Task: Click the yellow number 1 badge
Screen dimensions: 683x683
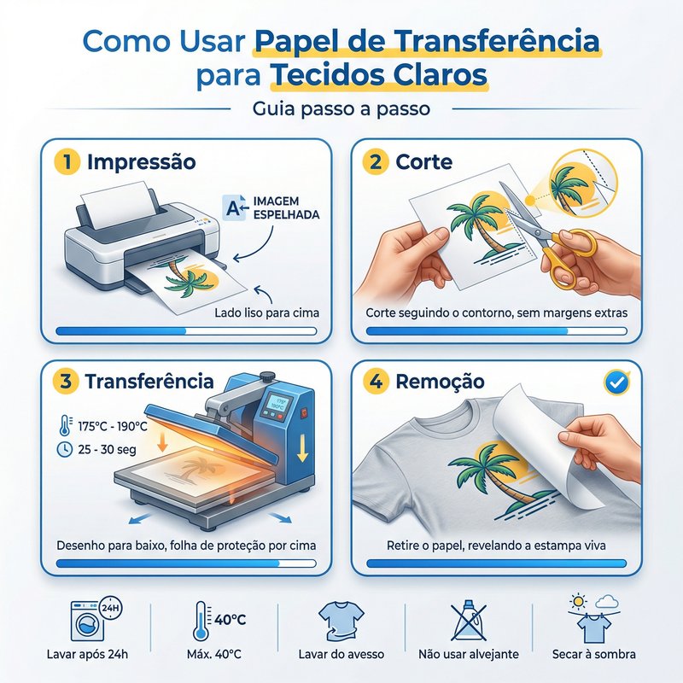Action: point(67,161)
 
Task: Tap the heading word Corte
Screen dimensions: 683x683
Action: point(423,161)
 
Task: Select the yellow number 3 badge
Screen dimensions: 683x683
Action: point(66,381)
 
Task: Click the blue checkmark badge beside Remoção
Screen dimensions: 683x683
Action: point(616,382)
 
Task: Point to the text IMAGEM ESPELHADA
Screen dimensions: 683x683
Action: point(286,207)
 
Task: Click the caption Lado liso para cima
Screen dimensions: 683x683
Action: point(266,312)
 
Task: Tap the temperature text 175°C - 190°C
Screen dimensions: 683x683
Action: point(113,426)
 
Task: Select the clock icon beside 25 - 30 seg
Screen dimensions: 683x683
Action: point(65,449)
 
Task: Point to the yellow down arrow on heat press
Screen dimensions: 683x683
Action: point(302,449)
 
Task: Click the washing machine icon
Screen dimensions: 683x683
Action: point(89,622)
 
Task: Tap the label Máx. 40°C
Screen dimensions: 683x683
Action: point(213,654)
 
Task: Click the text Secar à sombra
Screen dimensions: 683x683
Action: point(593,654)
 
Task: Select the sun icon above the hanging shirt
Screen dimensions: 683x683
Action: point(579,602)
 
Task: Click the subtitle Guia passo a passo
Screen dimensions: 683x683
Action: point(341,108)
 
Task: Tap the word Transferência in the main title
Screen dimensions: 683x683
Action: point(497,40)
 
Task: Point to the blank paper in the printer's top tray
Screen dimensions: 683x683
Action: point(120,205)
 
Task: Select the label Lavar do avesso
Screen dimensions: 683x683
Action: point(341,654)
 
